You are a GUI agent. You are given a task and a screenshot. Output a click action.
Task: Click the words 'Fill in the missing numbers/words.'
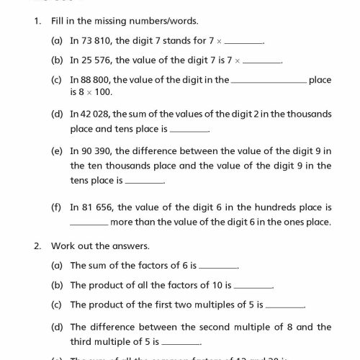(x=118, y=22)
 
